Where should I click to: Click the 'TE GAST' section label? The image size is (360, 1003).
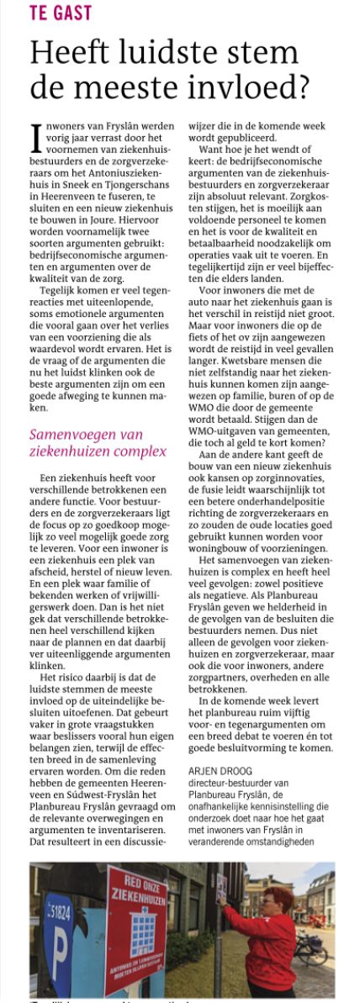pos(61,13)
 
